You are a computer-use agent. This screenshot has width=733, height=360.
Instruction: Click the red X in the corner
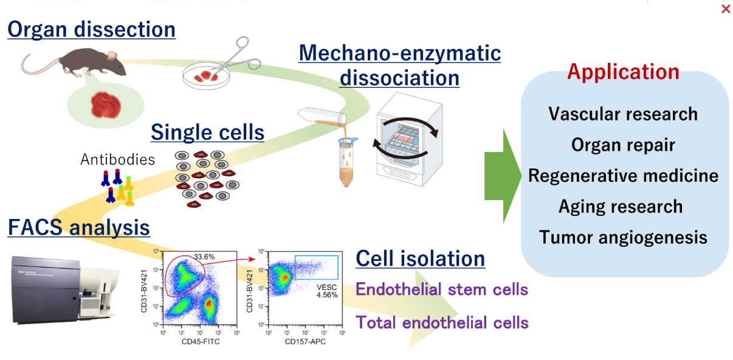725,9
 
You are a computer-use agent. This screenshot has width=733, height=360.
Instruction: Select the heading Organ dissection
91,29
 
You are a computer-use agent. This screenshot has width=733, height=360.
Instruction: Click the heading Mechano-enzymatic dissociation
399,65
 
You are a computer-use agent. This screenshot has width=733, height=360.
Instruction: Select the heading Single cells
207,132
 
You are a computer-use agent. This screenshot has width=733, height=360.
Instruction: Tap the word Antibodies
117,160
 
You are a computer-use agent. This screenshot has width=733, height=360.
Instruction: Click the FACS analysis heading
78,227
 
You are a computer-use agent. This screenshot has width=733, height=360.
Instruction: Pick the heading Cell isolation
420,258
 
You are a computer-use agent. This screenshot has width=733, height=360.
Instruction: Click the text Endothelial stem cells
441,289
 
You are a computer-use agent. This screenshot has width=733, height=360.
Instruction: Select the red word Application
623,72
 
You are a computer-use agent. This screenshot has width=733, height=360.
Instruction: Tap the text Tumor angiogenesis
623,237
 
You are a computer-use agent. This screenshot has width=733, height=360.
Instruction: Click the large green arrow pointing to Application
503,177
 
